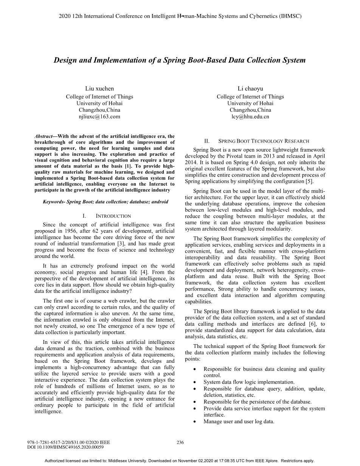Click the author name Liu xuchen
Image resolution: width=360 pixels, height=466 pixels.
99,89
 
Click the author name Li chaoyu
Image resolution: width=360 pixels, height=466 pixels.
250,89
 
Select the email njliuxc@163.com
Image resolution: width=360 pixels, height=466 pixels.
99,116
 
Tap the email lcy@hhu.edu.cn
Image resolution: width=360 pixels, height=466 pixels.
250,116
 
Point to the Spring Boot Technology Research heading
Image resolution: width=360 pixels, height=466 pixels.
264,141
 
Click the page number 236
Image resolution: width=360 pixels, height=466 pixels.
180,442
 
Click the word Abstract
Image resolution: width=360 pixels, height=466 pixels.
43,136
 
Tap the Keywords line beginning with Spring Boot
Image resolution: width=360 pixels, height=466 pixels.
105,202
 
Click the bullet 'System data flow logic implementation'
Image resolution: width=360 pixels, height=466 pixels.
249,382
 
